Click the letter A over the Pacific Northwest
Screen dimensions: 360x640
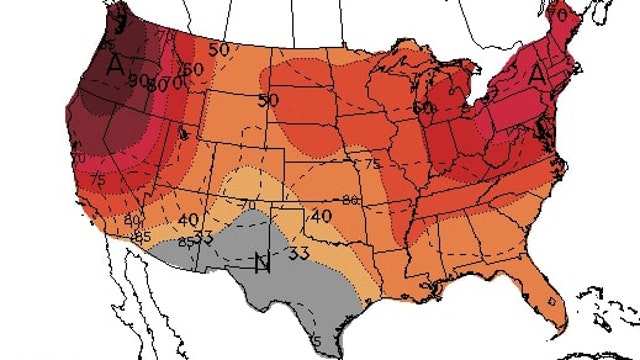pos(116,66)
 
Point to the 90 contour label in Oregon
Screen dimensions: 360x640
pos(138,80)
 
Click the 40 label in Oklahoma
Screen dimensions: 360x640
pos(321,214)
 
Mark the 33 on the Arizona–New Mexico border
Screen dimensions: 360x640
pos(203,238)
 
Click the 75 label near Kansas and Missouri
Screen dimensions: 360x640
pos(374,164)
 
